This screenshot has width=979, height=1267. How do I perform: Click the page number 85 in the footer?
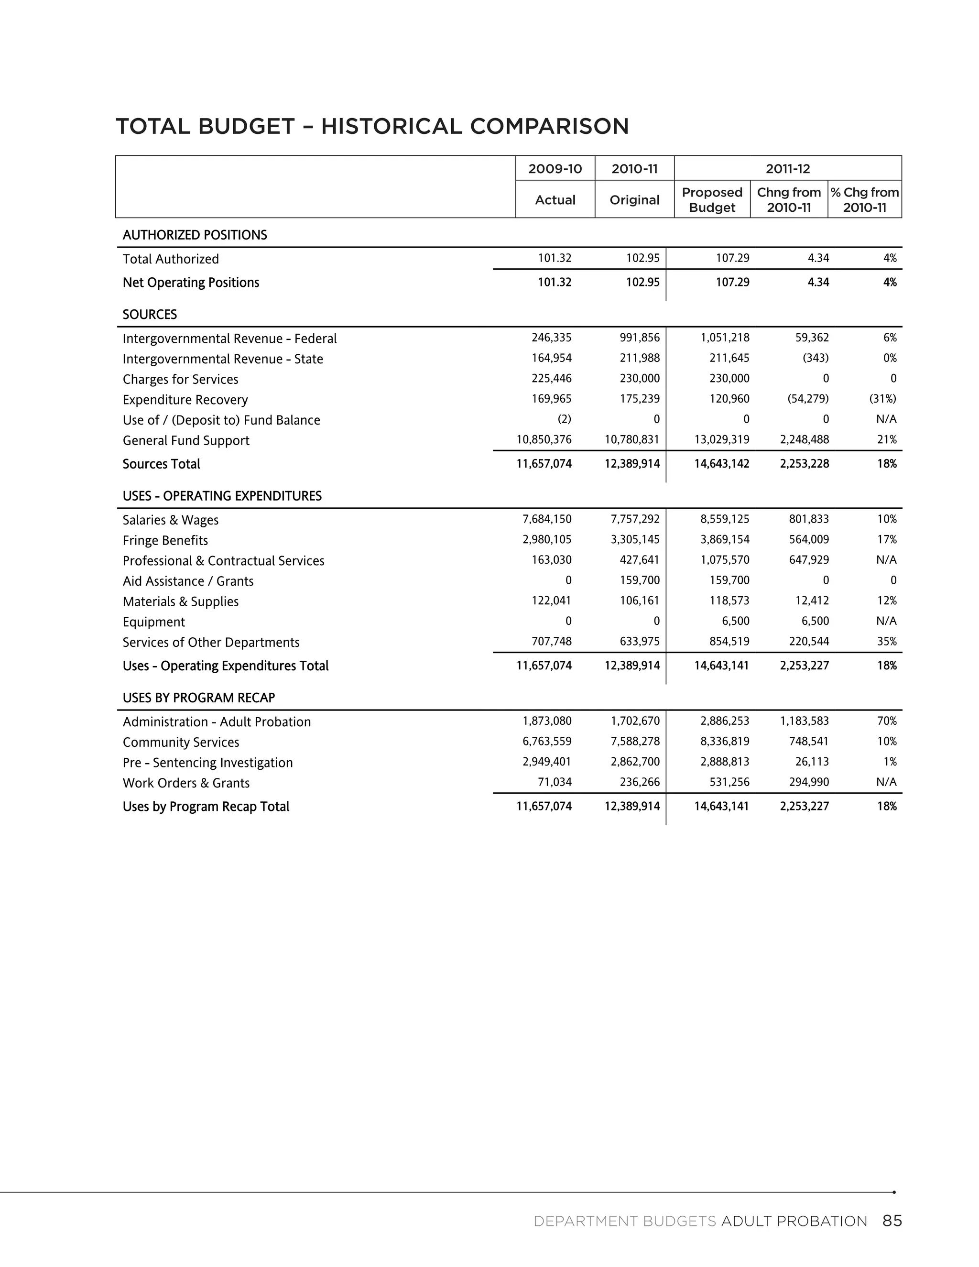coord(892,1221)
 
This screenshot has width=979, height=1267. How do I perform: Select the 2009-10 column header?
coord(555,169)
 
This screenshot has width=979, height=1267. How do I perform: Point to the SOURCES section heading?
coord(150,315)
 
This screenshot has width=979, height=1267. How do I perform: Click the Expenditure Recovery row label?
coord(185,400)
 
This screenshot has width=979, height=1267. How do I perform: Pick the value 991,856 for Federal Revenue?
coord(639,338)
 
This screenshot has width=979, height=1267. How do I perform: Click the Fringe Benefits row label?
coord(165,540)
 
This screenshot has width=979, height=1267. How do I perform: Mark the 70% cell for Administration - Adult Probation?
coord(887,721)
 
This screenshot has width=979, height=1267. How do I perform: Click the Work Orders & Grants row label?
coord(186,783)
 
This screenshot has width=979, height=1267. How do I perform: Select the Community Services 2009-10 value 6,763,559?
coord(546,742)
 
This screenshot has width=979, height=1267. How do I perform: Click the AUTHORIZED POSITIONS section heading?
coord(195,235)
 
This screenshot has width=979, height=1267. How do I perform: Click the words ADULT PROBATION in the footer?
coord(794,1221)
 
